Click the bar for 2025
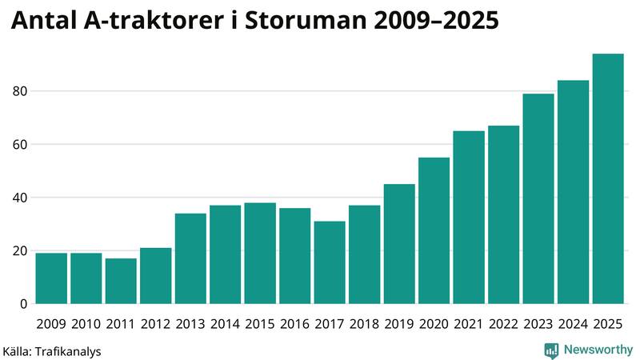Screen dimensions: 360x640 click(x=607, y=179)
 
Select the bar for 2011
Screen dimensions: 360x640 click(x=121, y=281)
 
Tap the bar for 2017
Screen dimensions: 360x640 click(x=330, y=262)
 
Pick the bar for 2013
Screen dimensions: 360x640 click(x=190, y=258)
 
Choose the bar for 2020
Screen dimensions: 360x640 click(x=434, y=230)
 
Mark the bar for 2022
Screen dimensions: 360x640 click(x=503, y=214)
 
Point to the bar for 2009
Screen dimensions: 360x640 click(x=51, y=278)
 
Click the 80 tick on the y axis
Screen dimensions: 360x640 click(x=20, y=91)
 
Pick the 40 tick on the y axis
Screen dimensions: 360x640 click(x=20, y=198)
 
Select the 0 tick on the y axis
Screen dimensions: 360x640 click(x=24, y=304)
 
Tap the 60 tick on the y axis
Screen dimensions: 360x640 click(x=20, y=145)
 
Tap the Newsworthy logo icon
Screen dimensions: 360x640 click(x=551, y=350)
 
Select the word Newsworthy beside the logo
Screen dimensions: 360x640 click(x=598, y=350)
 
